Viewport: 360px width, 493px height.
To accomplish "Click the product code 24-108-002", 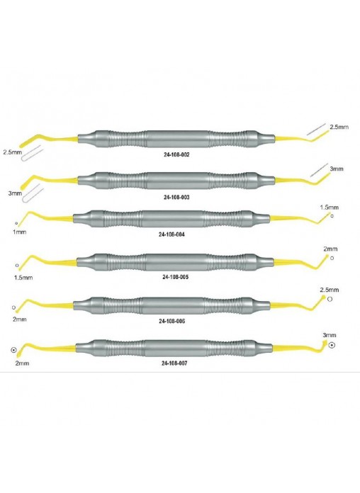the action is tap(176, 154).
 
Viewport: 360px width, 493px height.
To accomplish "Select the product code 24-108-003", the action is tap(176, 197).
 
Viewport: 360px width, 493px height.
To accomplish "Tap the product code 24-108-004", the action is tap(171, 234).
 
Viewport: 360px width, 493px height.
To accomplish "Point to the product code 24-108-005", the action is tap(175, 277).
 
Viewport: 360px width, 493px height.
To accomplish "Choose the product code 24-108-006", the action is tap(171, 321).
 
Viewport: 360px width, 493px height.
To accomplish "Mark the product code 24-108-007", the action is tap(174, 363).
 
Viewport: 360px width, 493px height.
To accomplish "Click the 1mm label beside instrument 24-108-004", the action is tap(20, 232).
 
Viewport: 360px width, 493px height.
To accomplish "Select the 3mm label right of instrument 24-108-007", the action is tap(330, 335).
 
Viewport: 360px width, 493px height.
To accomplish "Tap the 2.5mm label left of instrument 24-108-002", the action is tap(13, 152).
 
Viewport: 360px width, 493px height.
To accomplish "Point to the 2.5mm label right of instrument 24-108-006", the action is tap(330, 290).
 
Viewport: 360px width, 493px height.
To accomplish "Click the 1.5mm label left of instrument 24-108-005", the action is tap(23, 278).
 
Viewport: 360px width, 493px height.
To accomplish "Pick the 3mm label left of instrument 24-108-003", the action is tap(15, 193).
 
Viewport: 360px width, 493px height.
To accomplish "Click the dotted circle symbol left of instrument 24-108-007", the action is tap(13, 350).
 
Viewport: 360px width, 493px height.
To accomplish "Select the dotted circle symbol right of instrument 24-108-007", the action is tap(332, 345).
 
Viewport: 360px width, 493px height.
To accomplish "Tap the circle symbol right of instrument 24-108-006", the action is tap(330, 299).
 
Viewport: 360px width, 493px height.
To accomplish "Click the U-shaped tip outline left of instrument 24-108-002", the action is tap(32, 154).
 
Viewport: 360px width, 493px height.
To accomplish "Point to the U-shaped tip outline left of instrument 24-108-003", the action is tap(32, 193).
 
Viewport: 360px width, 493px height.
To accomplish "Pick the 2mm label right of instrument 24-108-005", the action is tap(330, 249).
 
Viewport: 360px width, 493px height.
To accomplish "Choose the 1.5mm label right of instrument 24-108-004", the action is tap(330, 208).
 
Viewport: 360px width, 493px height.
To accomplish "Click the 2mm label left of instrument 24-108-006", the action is tap(20, 319).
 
